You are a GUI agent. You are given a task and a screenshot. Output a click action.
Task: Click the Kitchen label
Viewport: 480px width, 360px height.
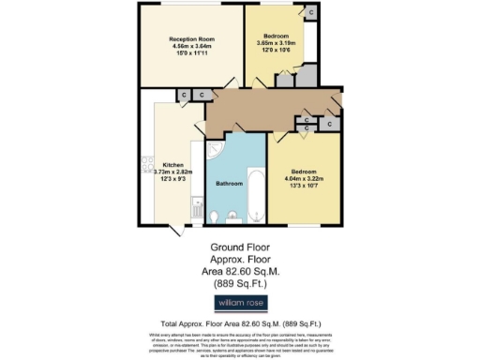click(x=172, y=165)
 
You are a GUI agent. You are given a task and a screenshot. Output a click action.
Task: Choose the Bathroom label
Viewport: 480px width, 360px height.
click(x=231, y=183)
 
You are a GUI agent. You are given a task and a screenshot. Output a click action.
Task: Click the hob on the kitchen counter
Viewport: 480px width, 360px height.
click(x=147, y=163)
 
